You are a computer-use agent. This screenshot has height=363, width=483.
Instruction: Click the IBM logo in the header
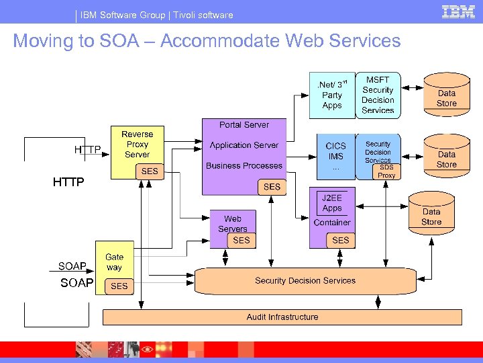pos(458,11)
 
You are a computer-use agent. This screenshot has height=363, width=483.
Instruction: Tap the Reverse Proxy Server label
pos(137,144)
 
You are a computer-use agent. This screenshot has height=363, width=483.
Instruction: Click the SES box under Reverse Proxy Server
pos(150,171)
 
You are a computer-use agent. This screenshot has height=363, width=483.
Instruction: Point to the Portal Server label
pos(244,125)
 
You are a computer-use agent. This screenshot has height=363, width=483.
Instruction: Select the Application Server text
pos(244,145)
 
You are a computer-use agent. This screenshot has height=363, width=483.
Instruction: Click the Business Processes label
pos(244,165)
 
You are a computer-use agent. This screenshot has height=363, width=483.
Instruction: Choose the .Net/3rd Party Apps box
pos(332,95)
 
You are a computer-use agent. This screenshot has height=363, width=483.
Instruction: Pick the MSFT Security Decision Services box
pos(378,95)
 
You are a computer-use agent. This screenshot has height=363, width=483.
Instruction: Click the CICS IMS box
pos(335,156)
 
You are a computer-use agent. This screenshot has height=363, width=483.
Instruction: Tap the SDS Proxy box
pos(387,171)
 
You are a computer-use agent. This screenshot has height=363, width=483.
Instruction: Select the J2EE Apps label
pos(332,203)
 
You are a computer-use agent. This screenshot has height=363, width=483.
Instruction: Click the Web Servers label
pos(233,223)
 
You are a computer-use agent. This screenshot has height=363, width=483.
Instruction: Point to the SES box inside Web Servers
pos(241,240)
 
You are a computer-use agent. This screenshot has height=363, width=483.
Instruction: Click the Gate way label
pos(114,261)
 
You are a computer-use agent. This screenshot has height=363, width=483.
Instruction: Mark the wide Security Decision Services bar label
pos(305,280)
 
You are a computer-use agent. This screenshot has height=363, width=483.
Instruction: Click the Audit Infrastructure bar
pos(282,317)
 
